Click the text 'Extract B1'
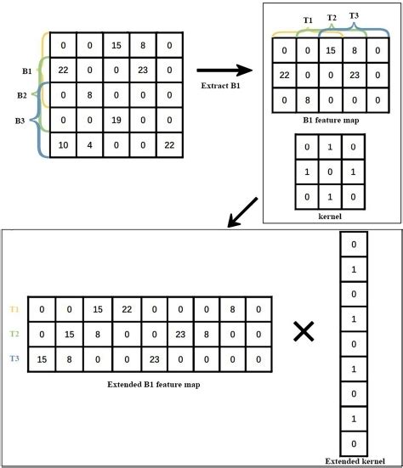click(x=221, y=87)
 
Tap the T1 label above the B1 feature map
click(x=308, y=18)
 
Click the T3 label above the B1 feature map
click(x=354, y=16)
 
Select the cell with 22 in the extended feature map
click(x=123, y=309)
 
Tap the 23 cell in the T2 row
click(x=204, y=335)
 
